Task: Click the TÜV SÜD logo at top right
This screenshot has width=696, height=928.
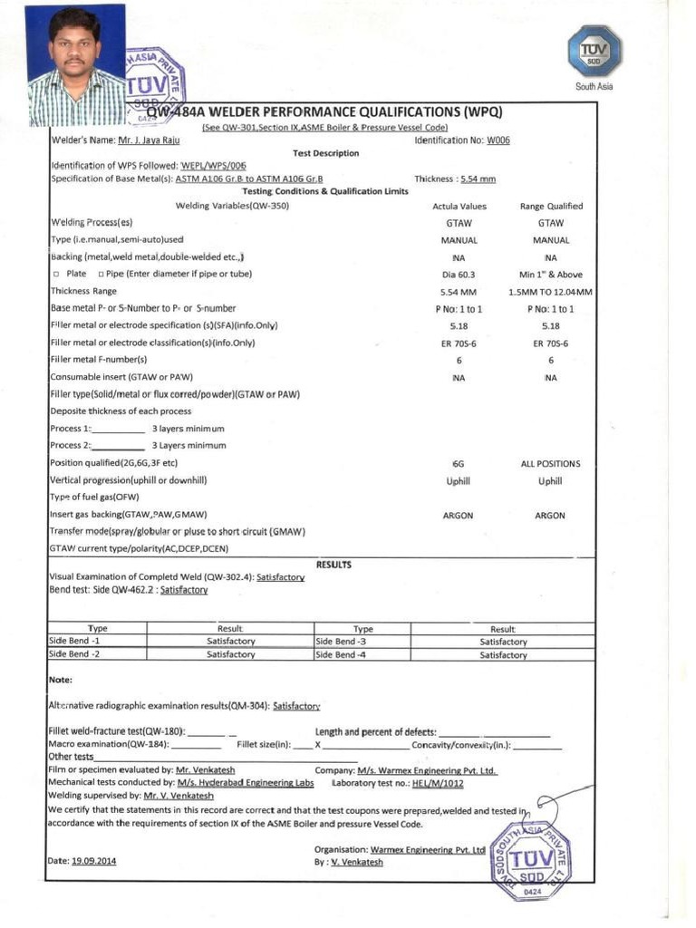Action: [594, 52]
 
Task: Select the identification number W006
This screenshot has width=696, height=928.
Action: [498, 140]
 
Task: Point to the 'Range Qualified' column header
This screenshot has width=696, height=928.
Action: [551, 207]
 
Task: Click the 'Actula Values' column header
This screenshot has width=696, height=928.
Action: [459, 207]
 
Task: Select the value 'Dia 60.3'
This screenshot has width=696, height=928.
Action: [459, 275]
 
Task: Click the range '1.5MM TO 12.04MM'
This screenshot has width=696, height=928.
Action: [551, 292]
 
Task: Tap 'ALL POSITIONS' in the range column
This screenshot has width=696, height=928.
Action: [550, 463]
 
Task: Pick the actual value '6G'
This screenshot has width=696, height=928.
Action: [459, 463]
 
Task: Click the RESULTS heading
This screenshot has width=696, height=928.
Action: [333, 565]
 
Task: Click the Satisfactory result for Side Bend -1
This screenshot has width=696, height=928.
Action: [230, 641]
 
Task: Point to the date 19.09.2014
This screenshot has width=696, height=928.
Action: [93, 861]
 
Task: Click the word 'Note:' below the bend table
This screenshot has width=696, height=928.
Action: [60, 680]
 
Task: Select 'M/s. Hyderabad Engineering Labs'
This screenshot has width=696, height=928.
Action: [246, 782]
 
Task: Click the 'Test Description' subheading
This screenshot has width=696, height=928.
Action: [325, 153]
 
